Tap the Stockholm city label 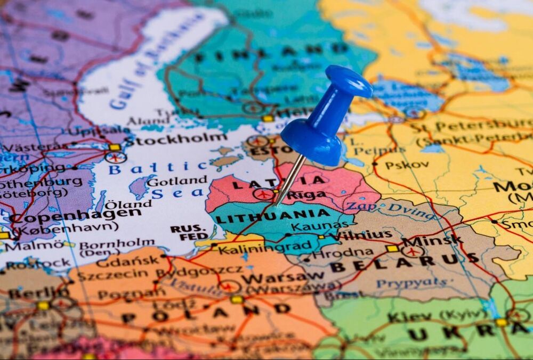point(176,140)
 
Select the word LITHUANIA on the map point(273,217)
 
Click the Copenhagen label point(75,214)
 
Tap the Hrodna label point(342,252)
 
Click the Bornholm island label point(117,244)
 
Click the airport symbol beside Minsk point(412,251)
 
